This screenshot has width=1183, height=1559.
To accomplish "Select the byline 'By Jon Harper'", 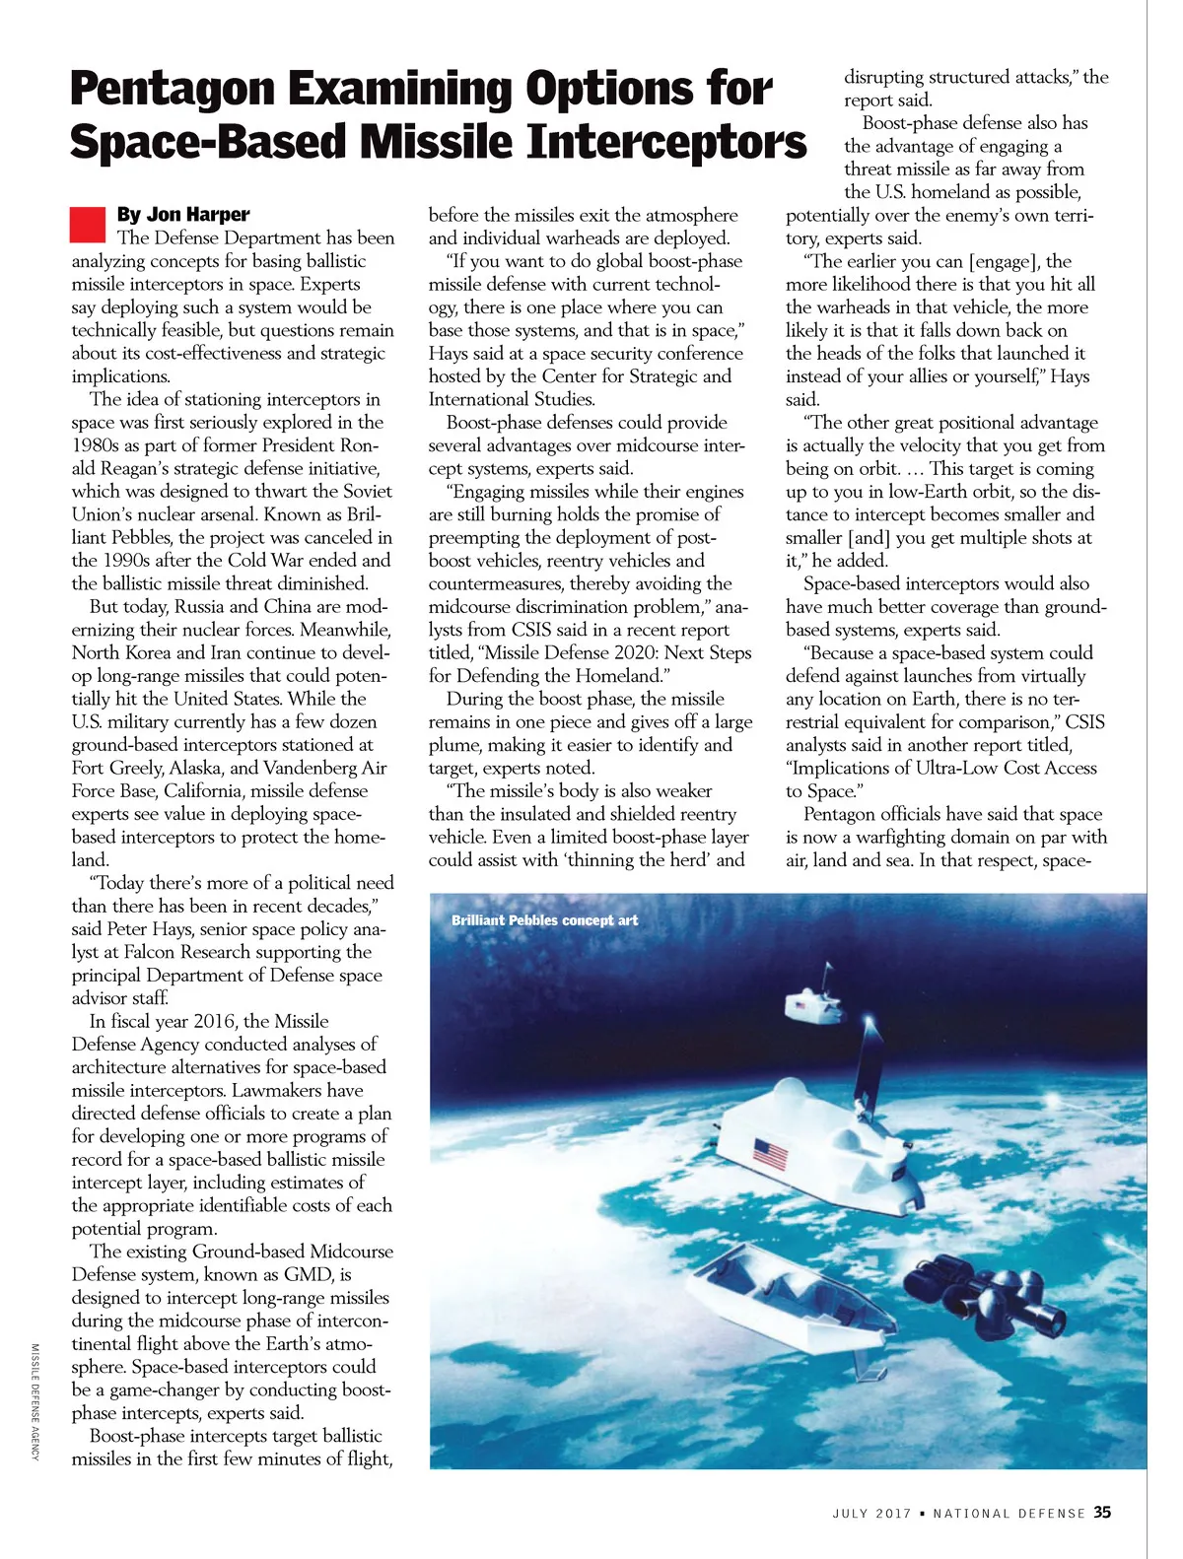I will [182, 214].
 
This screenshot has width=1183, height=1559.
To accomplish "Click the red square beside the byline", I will [88, 224].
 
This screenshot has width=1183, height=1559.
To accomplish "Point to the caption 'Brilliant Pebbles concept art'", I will [544, 920].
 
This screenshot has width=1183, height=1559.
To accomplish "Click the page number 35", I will [1102, 1512].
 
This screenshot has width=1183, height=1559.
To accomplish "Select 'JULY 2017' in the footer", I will [871, 1513].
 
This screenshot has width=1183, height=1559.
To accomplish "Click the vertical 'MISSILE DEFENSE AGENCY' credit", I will [35, 1398].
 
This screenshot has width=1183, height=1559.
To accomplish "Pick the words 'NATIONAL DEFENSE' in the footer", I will [1009, 1513].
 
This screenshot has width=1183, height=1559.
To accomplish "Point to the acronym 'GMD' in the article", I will [308, 1274].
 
